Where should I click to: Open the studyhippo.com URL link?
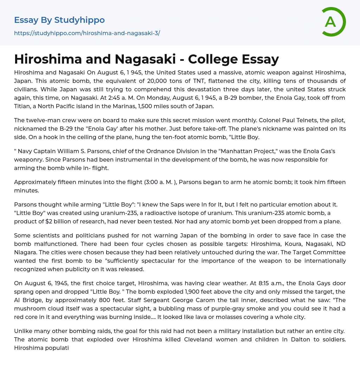tap(87, 33)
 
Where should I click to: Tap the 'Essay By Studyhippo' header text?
tap(59, 20)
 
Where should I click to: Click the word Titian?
tap(22, 106)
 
